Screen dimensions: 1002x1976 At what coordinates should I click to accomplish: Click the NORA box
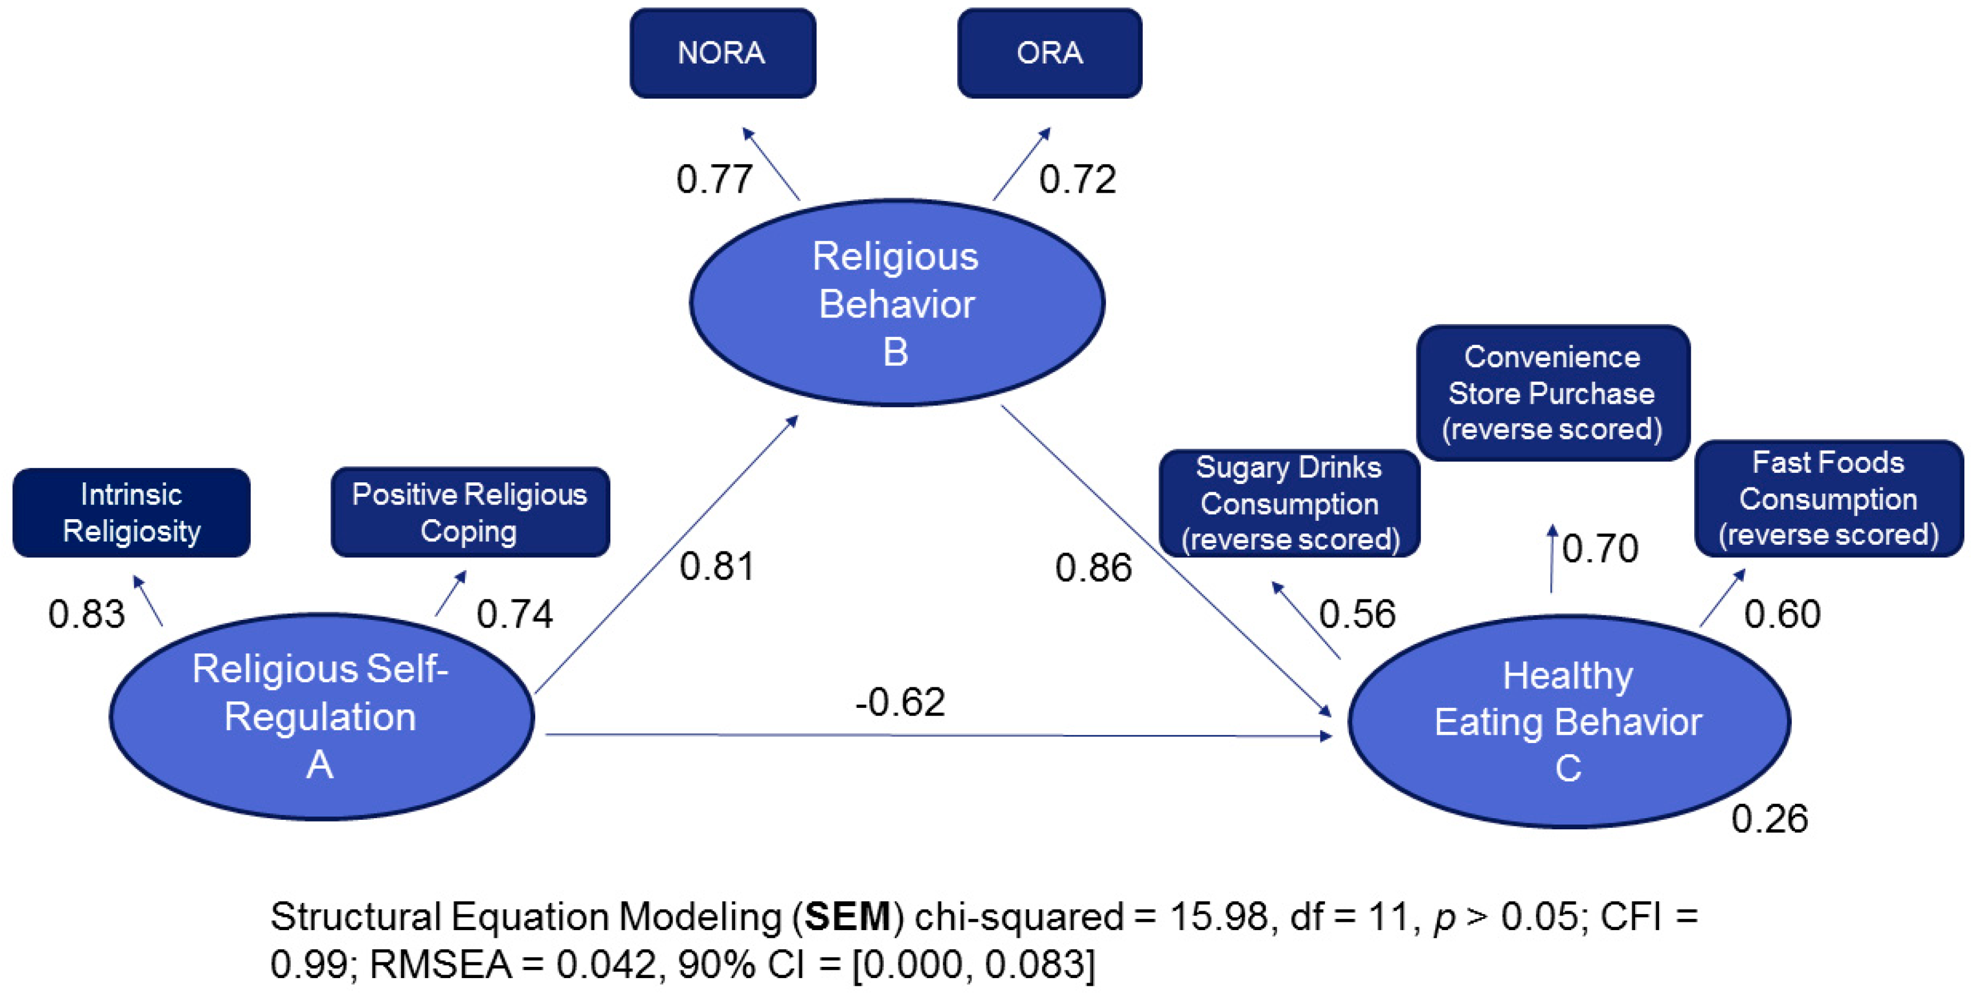[722, 53]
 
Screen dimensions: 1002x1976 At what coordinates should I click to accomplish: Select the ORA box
[1049, 53]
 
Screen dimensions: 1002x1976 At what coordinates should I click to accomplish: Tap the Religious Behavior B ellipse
[896, 303]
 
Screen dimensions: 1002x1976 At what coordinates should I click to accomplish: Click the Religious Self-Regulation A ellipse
[321, 716]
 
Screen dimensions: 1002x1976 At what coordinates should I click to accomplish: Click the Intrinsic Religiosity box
[131, 512]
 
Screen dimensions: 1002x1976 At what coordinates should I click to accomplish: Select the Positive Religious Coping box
[469, 512]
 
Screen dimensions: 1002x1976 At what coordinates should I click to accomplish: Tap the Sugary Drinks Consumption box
[1289, 504]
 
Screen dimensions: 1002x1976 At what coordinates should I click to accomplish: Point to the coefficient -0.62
[900, 702]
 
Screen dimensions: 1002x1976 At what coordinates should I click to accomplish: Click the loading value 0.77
[713, 179]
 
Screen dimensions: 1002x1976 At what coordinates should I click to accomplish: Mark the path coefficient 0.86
[1093, 568]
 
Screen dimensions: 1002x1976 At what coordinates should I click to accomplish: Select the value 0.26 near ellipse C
[1769, 819]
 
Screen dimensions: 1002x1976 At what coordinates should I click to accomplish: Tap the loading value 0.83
[86, 614]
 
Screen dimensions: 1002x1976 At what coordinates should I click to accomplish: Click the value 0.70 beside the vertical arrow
[1600, 549]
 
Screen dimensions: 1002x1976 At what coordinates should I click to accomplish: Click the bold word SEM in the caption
[847, 916]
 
